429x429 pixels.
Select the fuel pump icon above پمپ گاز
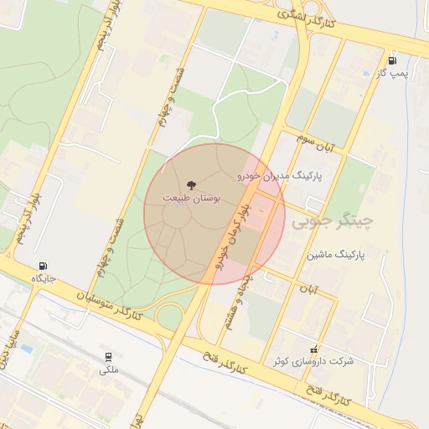pos(392,59)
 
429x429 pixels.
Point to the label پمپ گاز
pos(392,74)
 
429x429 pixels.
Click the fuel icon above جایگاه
pos(44,266)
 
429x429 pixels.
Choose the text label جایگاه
pos(43,278)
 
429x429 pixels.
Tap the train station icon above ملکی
pos(108,356)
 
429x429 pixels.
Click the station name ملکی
pos(109,370)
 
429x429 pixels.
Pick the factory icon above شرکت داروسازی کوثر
pos(313,349)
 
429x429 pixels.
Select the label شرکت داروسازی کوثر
pos(313,361)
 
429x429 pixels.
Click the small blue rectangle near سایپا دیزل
pos(27,348)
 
